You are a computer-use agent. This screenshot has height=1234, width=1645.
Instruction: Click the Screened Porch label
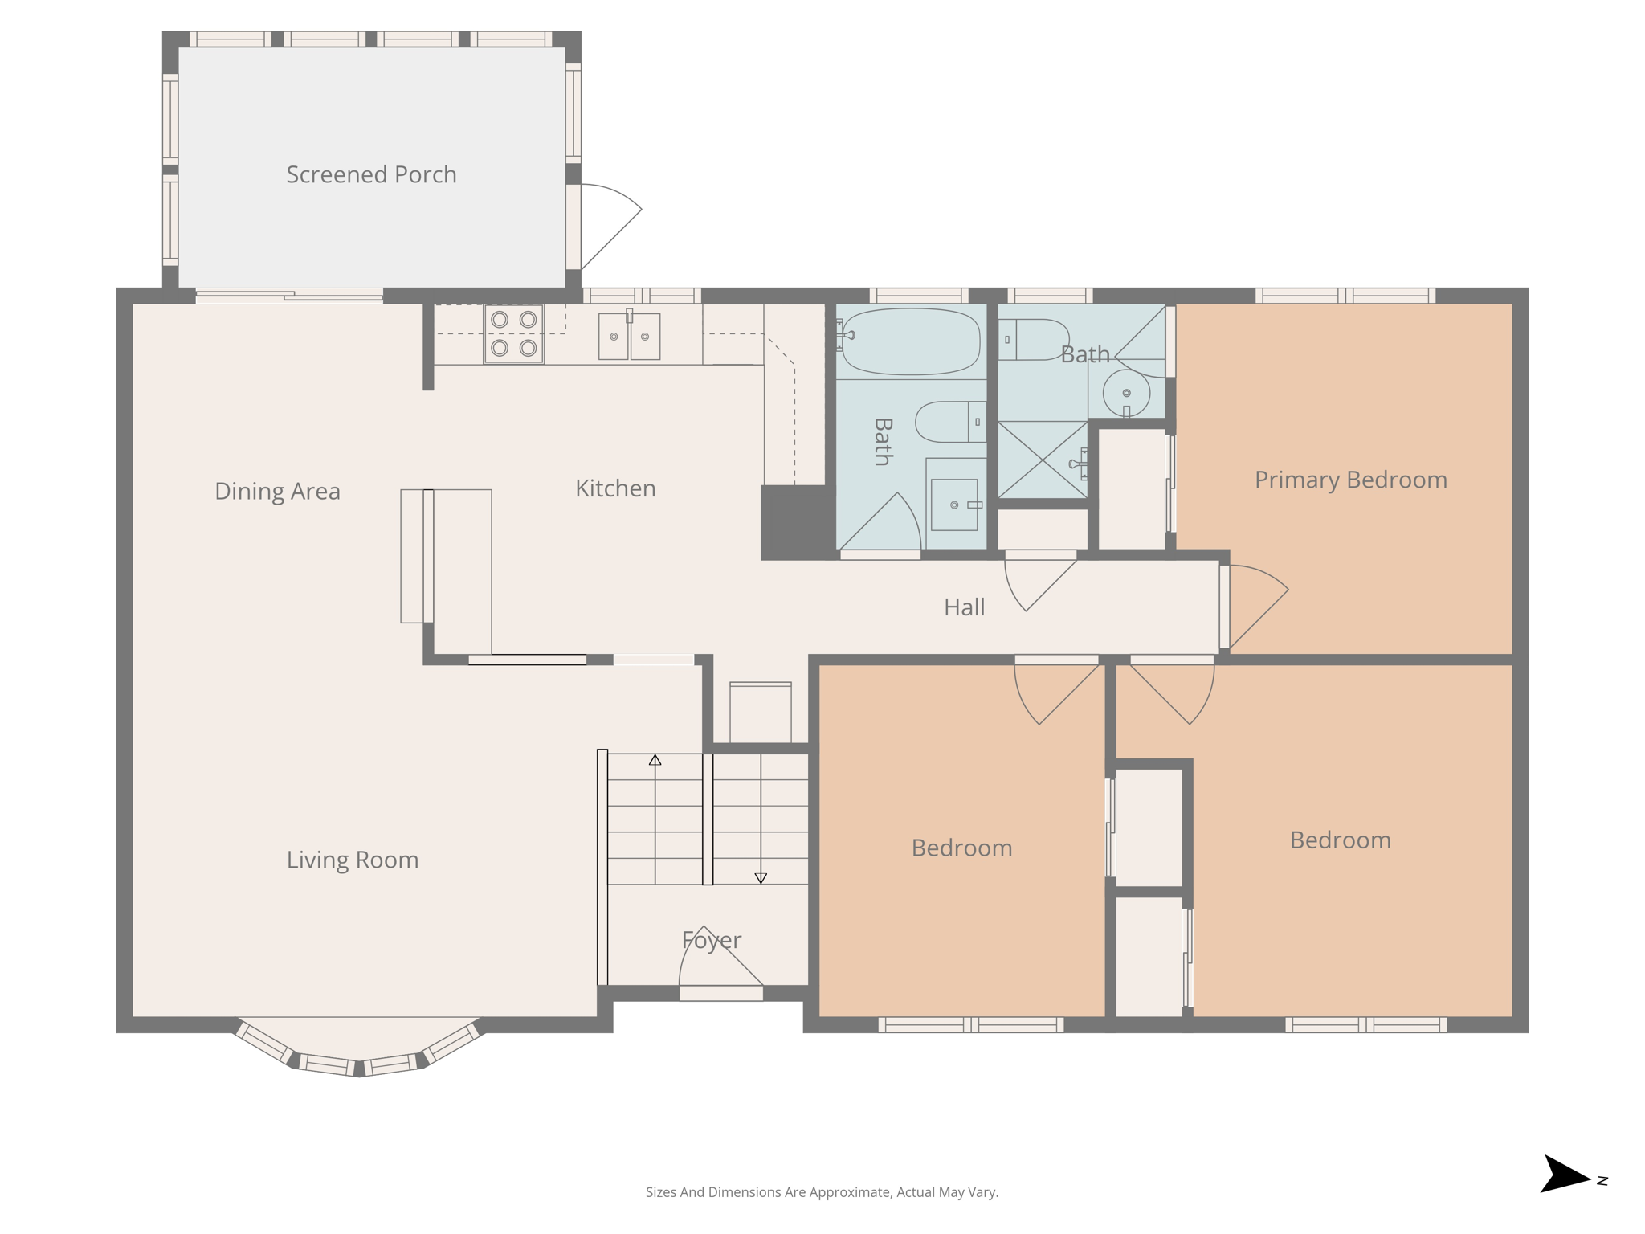371,174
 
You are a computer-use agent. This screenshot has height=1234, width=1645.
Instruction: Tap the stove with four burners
513,333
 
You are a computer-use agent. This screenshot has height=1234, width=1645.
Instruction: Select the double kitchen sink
629,336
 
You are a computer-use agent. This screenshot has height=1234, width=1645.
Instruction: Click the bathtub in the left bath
911,341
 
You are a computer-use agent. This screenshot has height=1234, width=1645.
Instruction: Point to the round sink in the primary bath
1126,393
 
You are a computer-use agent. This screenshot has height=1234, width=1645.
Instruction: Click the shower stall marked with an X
1042,460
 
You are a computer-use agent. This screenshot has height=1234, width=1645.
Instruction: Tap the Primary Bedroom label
1350,480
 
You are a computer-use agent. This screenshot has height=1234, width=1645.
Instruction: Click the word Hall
964,607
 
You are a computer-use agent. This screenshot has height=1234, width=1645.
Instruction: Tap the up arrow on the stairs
655,760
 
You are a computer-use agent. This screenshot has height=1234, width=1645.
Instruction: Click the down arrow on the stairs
761,878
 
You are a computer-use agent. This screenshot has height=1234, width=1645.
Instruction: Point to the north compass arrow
1565,1175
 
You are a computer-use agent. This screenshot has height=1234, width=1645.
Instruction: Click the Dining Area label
277,491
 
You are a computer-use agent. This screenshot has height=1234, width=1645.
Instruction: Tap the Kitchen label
615,488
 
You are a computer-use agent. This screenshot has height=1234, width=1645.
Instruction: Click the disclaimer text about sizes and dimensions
822,1192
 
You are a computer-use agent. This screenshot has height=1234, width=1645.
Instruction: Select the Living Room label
353,860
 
